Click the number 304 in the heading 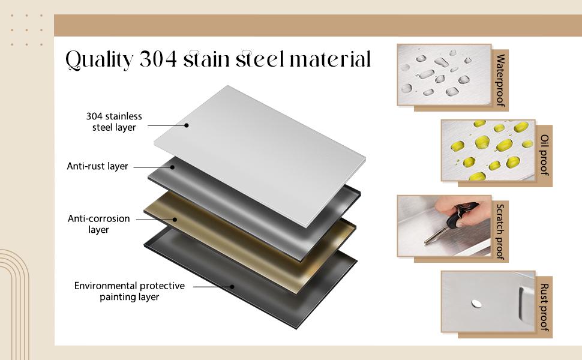click(158, 59)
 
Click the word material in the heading click(330, 59)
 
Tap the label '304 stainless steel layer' click(114, 122)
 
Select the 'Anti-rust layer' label click(97, 166)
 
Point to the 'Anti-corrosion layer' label click(99, 224)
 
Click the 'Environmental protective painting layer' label click(129, 291)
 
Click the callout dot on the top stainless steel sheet click(187, 125)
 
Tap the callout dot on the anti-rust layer click(172, 167)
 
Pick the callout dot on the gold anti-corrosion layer click(175, 220)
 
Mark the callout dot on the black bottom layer click(232, 287)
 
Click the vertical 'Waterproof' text click(501, 80)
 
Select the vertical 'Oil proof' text click(545, 155)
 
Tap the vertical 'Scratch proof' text click(501, 232)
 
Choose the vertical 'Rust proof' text click(545, 307)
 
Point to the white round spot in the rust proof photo click(476, 304)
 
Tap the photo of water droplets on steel click(444, 74)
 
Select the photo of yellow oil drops click(488, 151)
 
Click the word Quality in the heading click(99, 60)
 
